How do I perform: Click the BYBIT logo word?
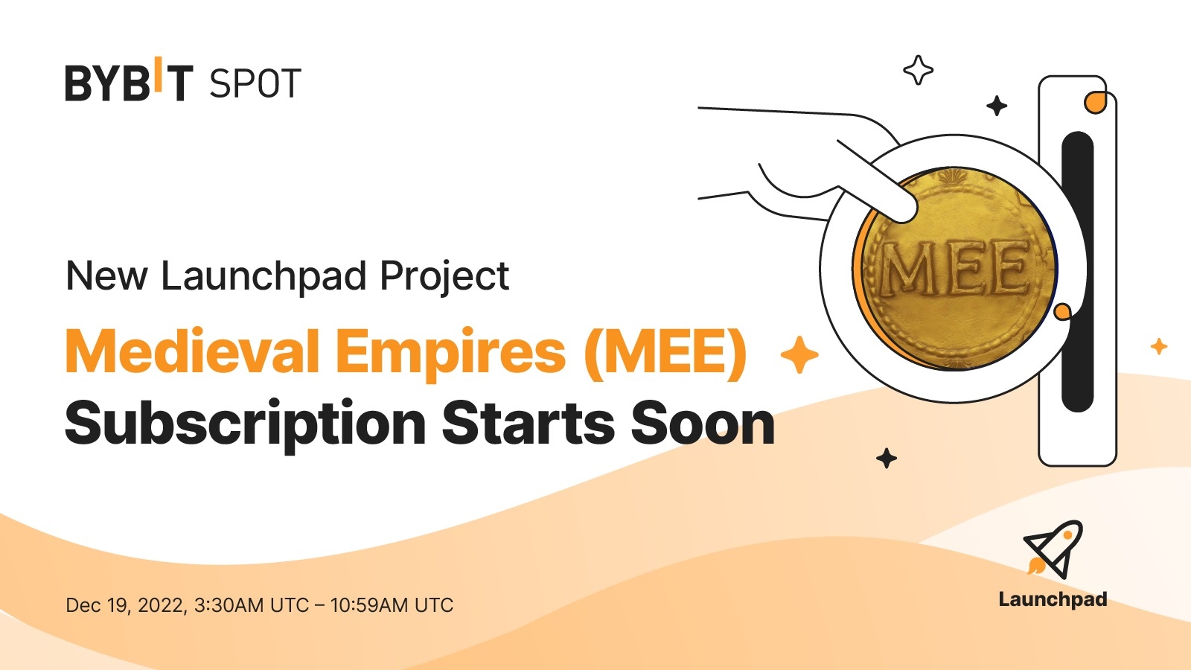tap(129, 82)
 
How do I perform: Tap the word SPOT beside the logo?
tap(255, 83)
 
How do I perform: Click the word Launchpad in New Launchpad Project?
tap(264, 277)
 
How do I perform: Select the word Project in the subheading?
tap(444, 277)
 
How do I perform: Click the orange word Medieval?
tap(192, 351)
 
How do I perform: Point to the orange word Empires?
tap(450, 351)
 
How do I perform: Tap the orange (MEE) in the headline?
tap(665, 351)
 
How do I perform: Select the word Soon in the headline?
tap(703, 423)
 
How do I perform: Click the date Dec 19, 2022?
tap(125, 605)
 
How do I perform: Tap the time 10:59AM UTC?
tap(392, 605)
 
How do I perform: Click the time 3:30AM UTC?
tap(251, 605)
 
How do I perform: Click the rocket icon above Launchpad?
tap(1053, 549)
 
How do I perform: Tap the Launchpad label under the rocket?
tap(1053, 599)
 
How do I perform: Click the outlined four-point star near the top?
tap(918, 71)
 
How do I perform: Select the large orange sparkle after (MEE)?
tap(799, 354)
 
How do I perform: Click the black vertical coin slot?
tap(1077, 272)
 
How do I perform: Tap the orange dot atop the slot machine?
tap(1095, 103)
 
